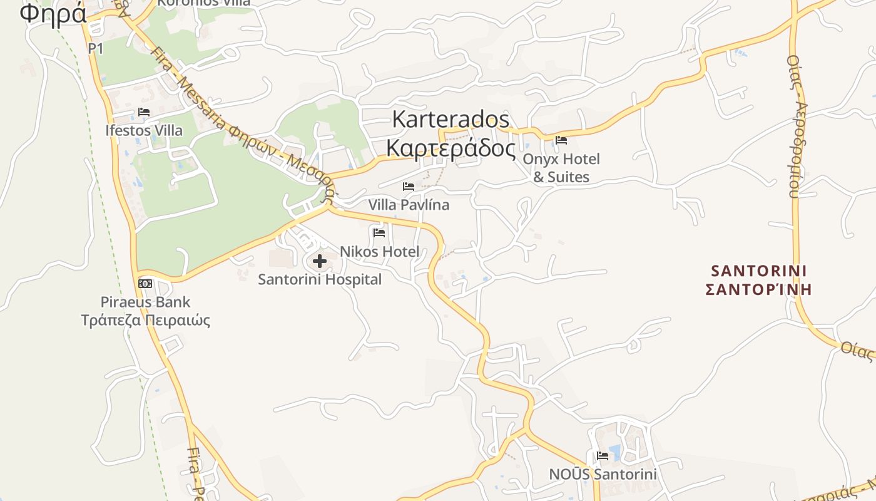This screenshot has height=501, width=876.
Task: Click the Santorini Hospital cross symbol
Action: tap(320, 261)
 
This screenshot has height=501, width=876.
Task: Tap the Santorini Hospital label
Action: tap(320, 279)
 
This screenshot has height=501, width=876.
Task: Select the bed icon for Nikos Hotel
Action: tap(379, 233)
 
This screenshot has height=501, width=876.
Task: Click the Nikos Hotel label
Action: tap(379, 252)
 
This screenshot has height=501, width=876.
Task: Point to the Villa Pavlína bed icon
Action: tap(409, 187)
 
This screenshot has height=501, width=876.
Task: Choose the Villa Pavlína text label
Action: tap(409, 205)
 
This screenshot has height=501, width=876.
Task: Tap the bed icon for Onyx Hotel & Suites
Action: tap(561, 140)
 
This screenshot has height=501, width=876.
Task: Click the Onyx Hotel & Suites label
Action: tap(561, 168)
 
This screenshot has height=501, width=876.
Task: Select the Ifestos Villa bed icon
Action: tap(144, 113)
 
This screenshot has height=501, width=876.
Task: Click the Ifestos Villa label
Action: tap(144, 130)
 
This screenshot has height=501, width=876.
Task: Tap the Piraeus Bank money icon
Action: tap(145, 284)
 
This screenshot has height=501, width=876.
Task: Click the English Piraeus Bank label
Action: tap(145, 302)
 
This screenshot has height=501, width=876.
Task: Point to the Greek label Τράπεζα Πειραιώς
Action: tap(145, 321)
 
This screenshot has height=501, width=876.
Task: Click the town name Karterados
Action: tap(451, 119)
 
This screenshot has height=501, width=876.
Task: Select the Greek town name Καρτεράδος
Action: tap(451, 148)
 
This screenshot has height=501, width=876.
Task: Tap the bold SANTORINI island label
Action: tap(759, 271)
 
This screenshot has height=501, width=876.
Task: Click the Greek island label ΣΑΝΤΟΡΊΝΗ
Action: tap(759, 289)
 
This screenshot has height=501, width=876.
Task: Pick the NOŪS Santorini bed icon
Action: tap(603, 456)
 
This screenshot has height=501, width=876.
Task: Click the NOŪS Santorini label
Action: tap(603, 474)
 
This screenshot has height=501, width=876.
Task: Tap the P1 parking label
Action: tap(96, 48)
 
